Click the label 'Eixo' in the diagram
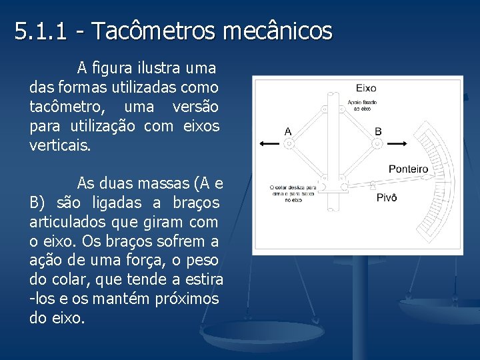(366, 88)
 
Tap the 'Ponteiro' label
(408, 169)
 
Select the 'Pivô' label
(387, 197)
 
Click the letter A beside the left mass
(288, 131)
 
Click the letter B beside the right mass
(378, 131)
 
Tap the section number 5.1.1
(41, 31)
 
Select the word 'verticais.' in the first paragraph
(58, 145)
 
